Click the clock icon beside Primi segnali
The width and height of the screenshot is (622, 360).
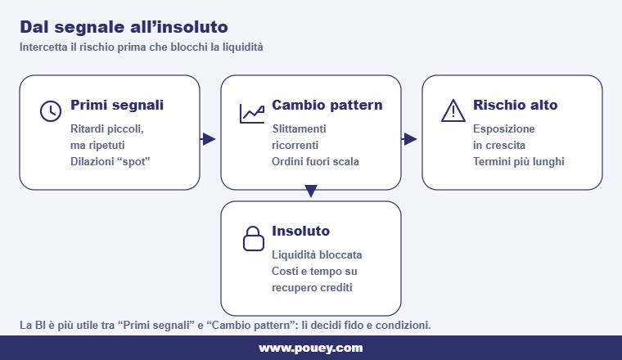click(51, 110)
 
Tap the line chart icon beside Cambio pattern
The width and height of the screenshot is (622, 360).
click(251, 113)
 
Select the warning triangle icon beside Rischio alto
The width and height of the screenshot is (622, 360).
click(453, 110)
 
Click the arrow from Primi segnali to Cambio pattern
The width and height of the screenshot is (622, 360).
click(209, 139)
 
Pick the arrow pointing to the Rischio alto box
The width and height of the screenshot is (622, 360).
click(410, 139)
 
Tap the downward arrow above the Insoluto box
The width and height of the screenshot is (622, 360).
click(310, 192)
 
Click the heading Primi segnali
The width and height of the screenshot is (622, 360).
click(117, 106)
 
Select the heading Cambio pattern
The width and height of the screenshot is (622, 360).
click(327, 106)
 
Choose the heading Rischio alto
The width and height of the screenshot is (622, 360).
click(515, 106)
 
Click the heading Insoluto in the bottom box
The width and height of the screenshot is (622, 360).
click(300, 232)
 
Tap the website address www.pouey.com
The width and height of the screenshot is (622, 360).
click(310, 348)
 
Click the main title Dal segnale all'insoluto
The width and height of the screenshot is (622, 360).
click(124, 27)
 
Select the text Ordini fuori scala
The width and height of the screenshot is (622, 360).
click(315, 161)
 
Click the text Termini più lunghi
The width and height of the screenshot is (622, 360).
click(518, 161)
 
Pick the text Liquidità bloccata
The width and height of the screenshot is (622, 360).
click(317, 254)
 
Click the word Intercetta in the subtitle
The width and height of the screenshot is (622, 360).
click(43, 47)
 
